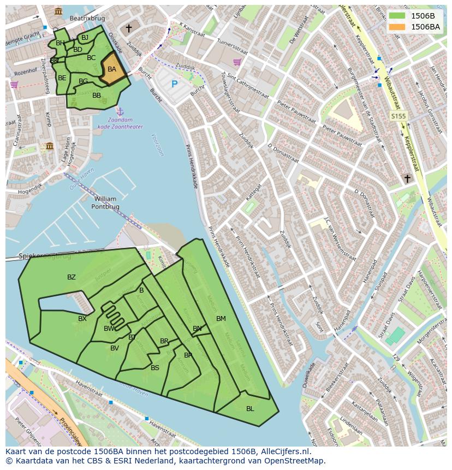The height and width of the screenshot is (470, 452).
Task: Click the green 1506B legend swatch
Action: coord(397,15)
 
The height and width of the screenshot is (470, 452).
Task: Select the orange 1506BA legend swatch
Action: coord(397,27)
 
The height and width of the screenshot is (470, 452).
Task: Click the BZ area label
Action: coord(72,277)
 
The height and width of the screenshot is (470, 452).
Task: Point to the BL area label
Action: coord(250,408)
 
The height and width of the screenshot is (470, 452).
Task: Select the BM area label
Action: coord(221,319)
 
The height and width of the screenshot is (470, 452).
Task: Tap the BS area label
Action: coord(155,368)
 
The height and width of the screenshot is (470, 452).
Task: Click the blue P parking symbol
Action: coord(175,84)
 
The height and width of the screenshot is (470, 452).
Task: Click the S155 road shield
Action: coord(399,116)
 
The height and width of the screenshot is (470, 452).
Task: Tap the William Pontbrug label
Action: coord(105,203)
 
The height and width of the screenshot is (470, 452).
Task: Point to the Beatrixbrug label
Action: coord(87,18)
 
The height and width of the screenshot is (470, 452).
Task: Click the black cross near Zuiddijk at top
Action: coord(129,28)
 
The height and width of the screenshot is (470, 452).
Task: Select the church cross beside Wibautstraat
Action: coord(407,179)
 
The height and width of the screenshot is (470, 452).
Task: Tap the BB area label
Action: coord(97,96)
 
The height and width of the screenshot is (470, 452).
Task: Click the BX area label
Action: coord(82,319)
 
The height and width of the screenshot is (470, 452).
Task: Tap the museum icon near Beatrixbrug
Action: coord(58,11)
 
